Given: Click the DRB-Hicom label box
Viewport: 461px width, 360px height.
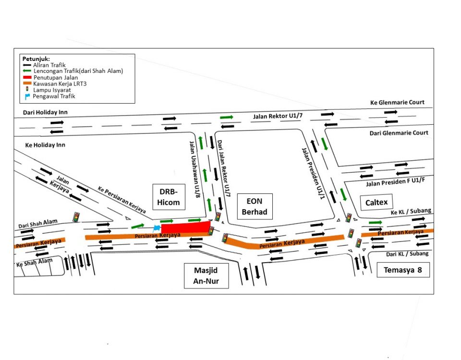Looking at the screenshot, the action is pos(169,197).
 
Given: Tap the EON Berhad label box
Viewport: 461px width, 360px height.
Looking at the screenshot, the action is pos(255,206).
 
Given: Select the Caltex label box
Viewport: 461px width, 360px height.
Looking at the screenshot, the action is pos(376,202).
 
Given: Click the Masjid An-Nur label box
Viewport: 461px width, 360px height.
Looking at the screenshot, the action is pos(206,276).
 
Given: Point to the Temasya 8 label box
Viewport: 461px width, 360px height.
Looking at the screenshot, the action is pos(403,270).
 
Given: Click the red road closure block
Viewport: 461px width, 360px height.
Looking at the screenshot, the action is pos(186,228).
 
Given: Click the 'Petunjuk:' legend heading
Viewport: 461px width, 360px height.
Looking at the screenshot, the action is pos(36,59).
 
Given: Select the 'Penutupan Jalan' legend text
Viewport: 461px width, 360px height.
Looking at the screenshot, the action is pos(56,78).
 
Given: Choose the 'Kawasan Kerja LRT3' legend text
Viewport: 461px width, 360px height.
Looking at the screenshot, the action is pos(60,84).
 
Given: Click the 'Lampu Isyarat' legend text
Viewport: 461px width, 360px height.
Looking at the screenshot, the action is pos(52,90).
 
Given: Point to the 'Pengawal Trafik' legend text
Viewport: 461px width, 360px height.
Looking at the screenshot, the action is pos(54,96).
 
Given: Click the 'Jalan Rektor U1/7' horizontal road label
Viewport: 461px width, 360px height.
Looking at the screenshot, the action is pos(278,116).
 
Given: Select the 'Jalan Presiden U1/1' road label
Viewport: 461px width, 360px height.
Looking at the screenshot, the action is pos(314,173).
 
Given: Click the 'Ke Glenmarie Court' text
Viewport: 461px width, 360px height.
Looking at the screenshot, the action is pos(397,102).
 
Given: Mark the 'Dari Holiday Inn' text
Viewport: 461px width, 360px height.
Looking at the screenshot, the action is pos(45,112).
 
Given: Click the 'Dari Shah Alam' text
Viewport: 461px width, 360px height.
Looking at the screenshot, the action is pos(38,223).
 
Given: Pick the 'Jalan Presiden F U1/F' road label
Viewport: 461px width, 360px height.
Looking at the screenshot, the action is pos(395,182).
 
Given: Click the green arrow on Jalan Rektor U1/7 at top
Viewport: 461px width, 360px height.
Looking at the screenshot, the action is pos(226,117).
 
